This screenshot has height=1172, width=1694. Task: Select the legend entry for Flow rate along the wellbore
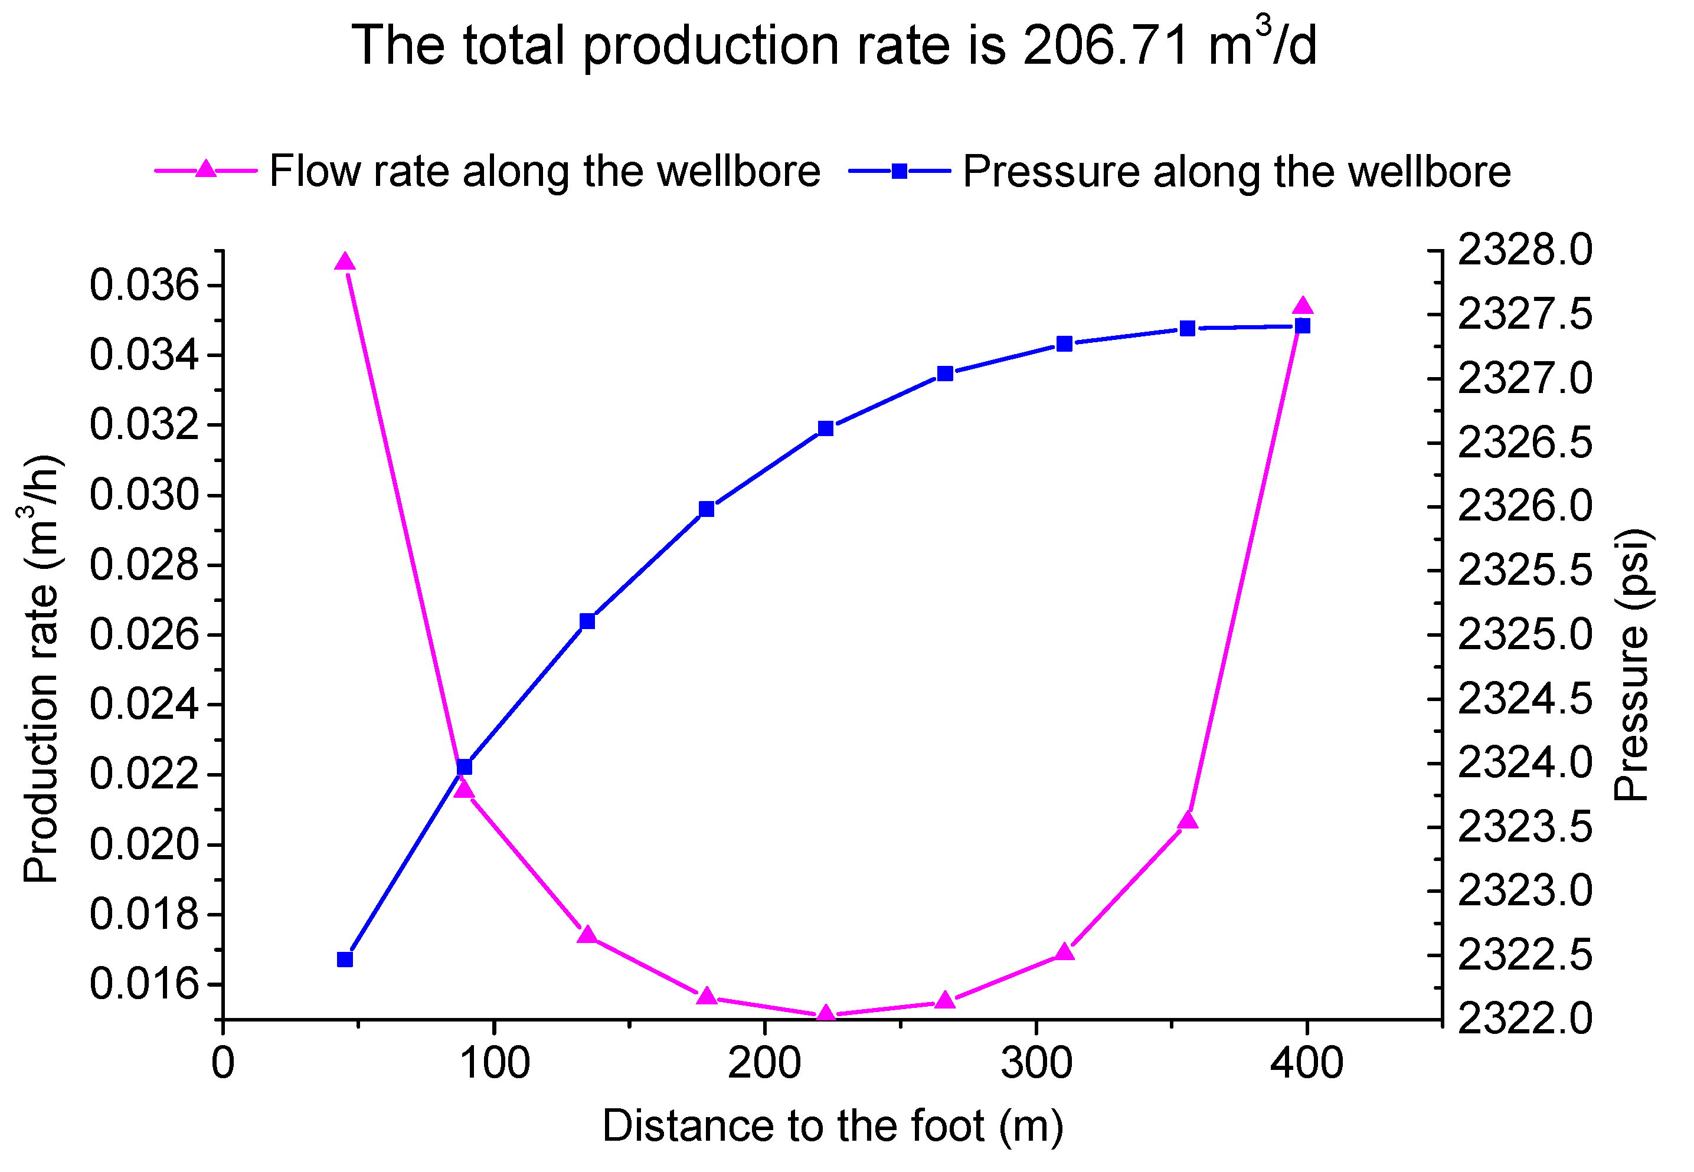point(544,171)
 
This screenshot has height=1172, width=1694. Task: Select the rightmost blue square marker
point(1303,326)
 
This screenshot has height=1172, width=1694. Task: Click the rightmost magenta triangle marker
point(1303,307)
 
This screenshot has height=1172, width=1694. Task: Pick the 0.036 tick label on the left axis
point(144,286)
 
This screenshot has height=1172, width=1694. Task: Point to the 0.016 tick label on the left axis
point(144,984)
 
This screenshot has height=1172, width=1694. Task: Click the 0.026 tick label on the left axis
point(144,634)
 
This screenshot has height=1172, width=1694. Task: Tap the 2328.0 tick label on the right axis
point(1525,250)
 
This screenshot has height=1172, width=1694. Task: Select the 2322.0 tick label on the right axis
point(1525,1019)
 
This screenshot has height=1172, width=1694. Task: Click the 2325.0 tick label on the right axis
point(1525,635)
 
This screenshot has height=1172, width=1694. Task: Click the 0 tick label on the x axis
point(223,1063)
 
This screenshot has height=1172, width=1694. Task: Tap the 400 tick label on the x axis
point(1306,1063)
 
